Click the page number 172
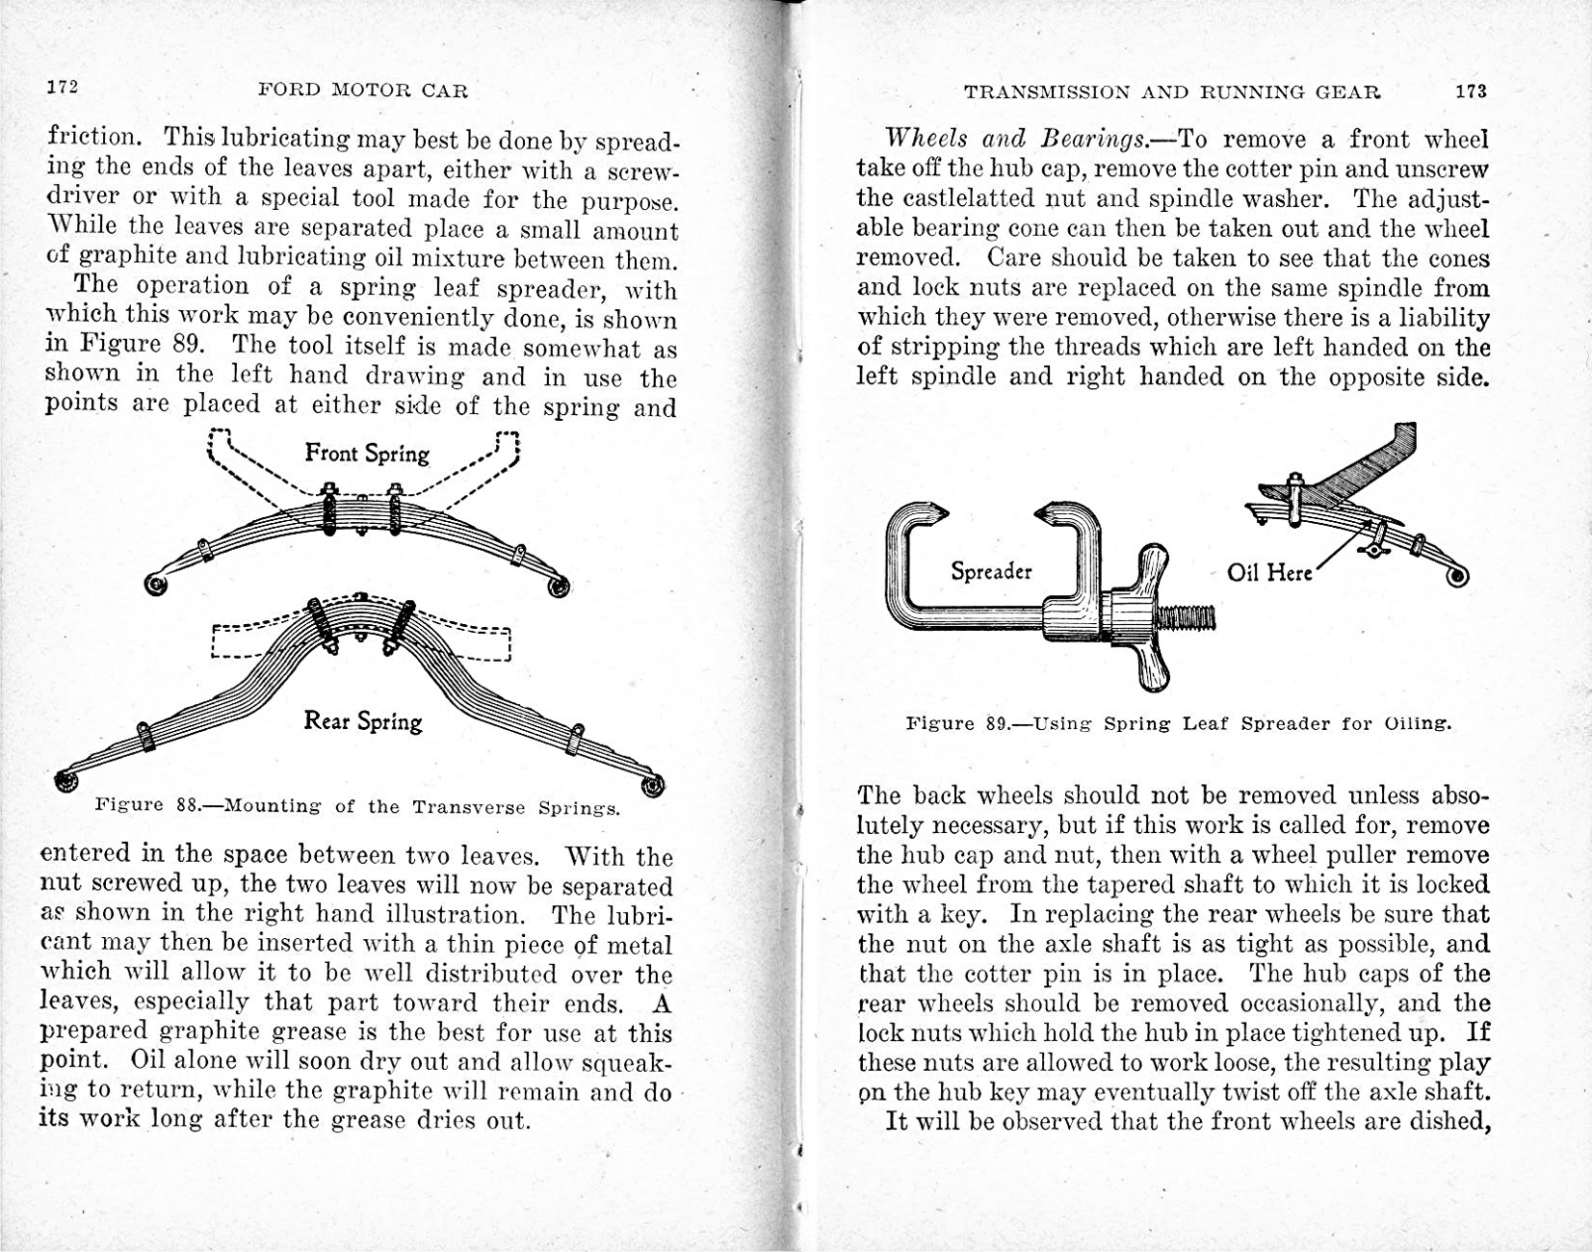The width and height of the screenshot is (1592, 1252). (x=63, y=87)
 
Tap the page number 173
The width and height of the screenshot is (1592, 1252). (x=1471, y=91)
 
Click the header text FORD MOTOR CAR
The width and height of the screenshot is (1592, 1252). (x=363, y=91)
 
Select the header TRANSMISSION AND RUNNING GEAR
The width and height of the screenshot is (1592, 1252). (x=1172, y=92)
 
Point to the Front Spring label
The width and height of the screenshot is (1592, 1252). (x=367, y=453)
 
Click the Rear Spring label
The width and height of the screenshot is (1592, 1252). (x=363, y=720)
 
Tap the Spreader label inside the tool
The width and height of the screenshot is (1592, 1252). (x=991, y=571)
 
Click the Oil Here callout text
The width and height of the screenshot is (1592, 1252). (x=1269, y=572)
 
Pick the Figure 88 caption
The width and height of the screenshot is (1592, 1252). (x=357, y=806)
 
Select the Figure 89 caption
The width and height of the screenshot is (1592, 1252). (x=1179, y=722)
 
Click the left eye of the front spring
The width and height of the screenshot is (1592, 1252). (x=154, y=584)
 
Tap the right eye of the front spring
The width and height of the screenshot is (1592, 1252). (x=558, y=585)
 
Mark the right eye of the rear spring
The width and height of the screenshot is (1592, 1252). (x=652, y=785)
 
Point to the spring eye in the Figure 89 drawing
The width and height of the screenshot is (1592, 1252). (x=1456, y=576)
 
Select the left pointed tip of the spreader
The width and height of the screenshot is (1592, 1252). (x=937, y=512)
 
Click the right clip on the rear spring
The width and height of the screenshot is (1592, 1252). (x=576, y=740)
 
